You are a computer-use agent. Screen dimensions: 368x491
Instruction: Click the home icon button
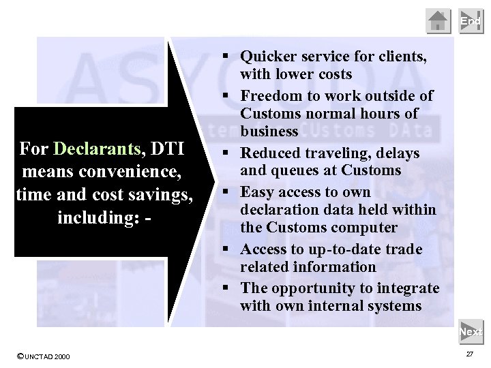pos(438,22)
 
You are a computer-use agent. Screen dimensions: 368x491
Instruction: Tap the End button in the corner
pos(470,22)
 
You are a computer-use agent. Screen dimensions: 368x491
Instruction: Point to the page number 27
pos(469,355)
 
